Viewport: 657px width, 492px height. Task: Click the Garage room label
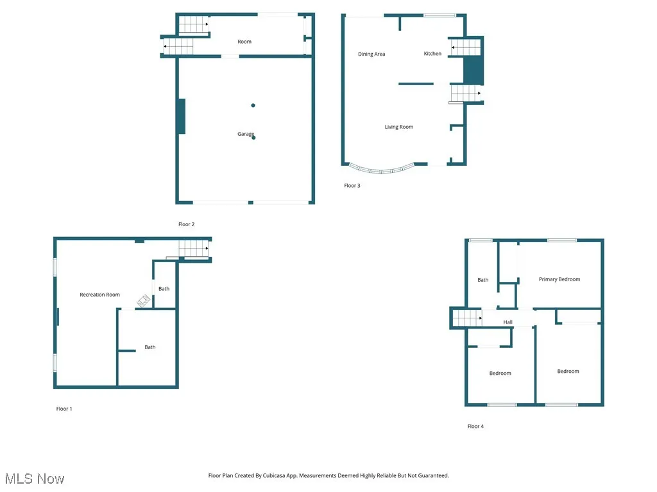[246, 134]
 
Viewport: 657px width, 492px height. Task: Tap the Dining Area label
[371, 54]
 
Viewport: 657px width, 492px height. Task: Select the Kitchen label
[432, 54]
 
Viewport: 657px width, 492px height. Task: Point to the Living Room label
[399, 127]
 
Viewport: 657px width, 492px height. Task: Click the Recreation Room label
[99, 295]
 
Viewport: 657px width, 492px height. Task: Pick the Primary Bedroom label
[559, 279]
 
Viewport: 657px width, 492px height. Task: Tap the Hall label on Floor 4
[508, 322]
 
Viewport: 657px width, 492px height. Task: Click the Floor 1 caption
[64, 409]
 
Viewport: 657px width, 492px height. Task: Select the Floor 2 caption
[186, 224]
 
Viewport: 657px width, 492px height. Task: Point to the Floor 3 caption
[352, 186]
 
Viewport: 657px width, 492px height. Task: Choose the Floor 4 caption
[475, 426]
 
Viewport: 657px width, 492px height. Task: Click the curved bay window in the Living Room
[382, 170]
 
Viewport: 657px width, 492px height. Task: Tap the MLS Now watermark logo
[35, 479]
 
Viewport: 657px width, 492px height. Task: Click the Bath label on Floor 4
[483, 280]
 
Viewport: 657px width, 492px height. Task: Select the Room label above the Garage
[244, 42]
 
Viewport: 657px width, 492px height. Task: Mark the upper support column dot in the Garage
[253, 105]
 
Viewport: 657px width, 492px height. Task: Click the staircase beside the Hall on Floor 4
[467, 317]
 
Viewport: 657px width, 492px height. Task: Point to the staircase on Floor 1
[194, 248]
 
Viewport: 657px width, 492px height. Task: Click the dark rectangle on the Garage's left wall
[182, 116]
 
